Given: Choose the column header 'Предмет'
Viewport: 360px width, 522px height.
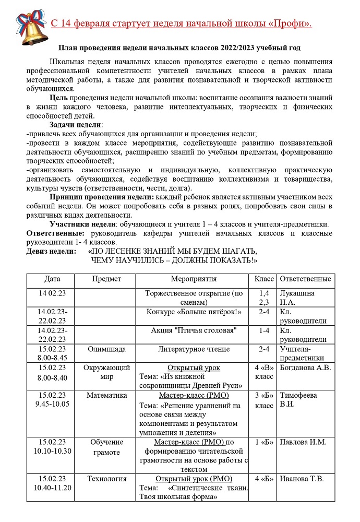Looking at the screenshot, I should (x=106, y=279).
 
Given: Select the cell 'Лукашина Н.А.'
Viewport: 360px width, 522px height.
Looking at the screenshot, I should (x=297, y=298).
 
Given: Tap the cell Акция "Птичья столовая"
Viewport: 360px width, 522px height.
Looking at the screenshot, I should (x=194, y=330).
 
